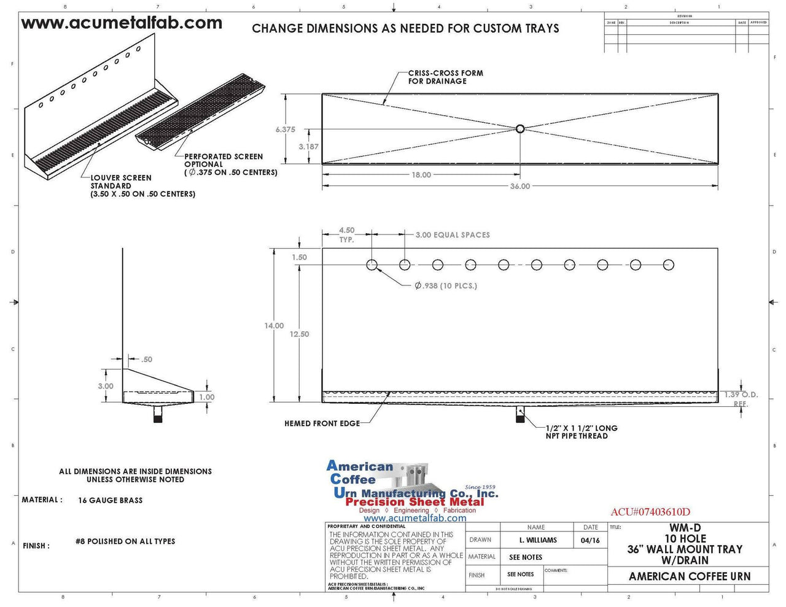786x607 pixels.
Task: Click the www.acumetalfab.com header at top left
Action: (122, 23)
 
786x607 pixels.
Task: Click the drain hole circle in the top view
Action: (520, 129)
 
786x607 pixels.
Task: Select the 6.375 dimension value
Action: (285, 130)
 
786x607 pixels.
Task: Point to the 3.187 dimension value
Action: (308, 147)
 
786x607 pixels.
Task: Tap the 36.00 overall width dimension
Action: (519, 186)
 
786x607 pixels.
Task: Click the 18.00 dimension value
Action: (421, 175)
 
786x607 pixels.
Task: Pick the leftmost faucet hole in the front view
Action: (372, 265)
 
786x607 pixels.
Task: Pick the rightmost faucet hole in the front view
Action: (668, 265)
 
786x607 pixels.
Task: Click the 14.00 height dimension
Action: (274, 326)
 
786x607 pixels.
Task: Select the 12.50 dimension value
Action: (300, 334)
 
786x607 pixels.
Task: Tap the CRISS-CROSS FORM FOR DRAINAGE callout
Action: (445, 77)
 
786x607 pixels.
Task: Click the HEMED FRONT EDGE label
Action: (322, 423)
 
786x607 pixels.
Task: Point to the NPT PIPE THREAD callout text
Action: (581, 432)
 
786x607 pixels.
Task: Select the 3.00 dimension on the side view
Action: (106, 386)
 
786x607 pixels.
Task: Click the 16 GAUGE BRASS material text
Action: (111, 500)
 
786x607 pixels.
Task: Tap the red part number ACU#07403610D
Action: (650, 512)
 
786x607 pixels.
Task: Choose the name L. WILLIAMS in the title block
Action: (537, 540)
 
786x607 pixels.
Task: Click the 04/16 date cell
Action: (589, 540)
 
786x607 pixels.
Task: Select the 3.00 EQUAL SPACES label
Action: (453, 235)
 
